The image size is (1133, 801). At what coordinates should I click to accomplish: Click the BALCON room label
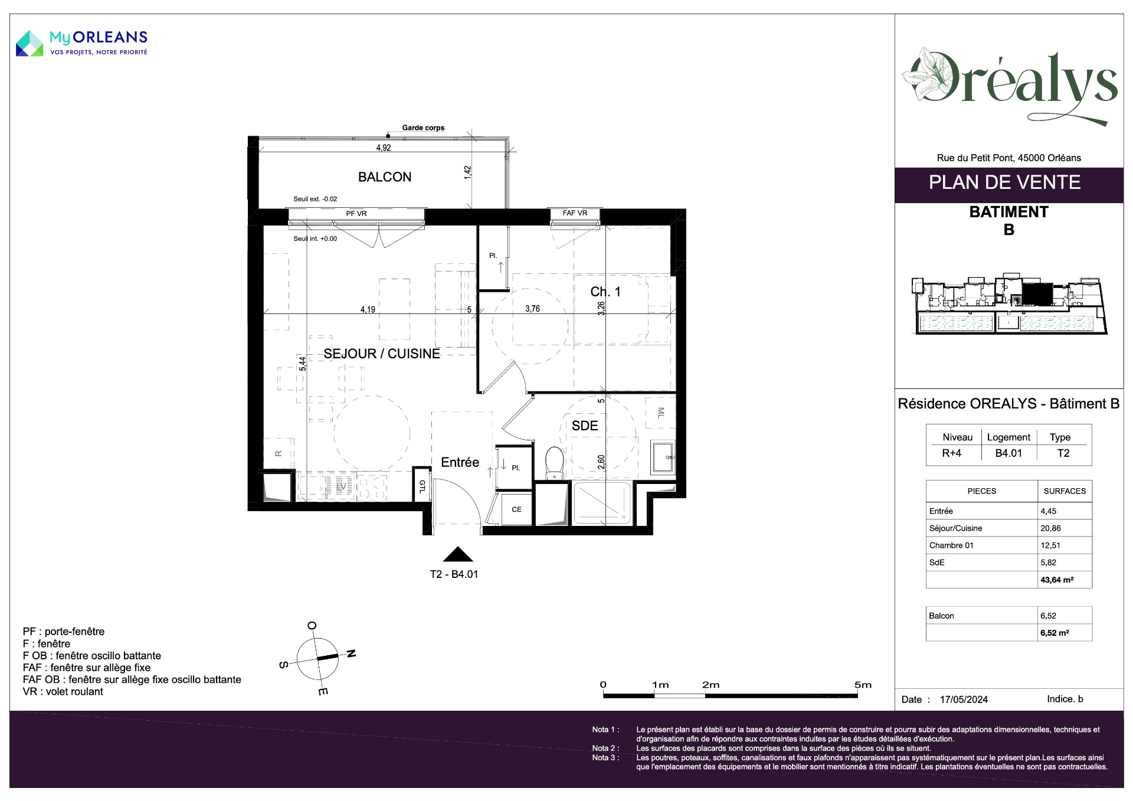click(x=385, y=177)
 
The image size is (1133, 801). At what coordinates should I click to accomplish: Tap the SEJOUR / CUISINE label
click(x=382, y=354)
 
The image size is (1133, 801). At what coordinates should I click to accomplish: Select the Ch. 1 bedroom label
click(x=605, y=292)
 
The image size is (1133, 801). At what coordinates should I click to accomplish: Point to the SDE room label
click(x=585, y=426)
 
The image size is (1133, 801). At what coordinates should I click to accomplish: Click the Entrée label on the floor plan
click(x=460, y=462)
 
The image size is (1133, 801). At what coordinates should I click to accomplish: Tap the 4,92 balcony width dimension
click(x=384, y=148)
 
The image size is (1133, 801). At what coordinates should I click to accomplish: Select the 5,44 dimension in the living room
click(x=303, y=364)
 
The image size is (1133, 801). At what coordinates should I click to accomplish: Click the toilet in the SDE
click(x=555, y=463)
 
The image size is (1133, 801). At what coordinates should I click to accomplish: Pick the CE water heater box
click(x=516, y=509)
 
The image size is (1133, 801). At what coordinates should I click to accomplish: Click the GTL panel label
click(x=422, y=486)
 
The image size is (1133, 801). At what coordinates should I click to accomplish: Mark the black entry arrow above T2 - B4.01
click(x=458, y=554)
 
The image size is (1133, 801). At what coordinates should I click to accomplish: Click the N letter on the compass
click(x=351, y=653)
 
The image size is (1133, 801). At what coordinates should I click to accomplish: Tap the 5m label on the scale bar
click(x=863, y=685)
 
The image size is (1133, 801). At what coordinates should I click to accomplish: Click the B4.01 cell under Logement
click(x=1008, y=453)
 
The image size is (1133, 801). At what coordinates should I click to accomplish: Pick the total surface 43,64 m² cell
click(x=1057, y=580)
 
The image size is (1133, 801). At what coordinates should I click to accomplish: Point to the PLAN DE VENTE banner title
click(x=1004, y=182)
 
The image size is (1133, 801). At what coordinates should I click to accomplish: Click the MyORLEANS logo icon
click(x=30, y=44)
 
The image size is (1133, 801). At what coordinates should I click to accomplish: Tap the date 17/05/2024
click(x=964, y=699)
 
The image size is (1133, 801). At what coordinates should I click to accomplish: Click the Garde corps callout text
click(x=423, y=127)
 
